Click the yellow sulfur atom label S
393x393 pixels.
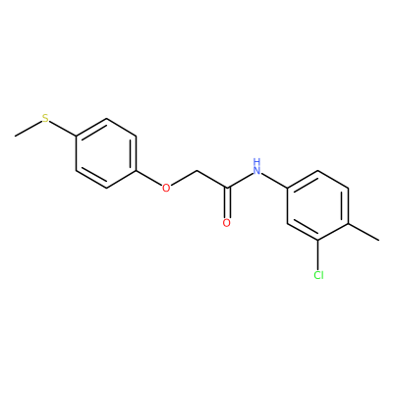[45, 118]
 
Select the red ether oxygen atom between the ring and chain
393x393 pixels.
[166, 188]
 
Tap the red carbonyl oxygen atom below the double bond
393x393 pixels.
[227, 223]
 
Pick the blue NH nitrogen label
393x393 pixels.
[257, 166]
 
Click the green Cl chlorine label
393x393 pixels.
[318, 275]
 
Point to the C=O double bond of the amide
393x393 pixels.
[227, 202]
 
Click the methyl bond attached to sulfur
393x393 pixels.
[28, 129]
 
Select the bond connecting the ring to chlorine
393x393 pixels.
[317, 255]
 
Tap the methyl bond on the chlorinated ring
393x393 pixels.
[364, 232]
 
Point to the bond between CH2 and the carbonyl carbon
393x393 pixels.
[211, 179]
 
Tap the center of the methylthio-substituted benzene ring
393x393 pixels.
[106, 153]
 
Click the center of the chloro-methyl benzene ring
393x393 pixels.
[317, 205]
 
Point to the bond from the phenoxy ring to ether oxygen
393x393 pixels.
[149, 178]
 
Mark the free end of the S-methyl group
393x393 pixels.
[15, 136]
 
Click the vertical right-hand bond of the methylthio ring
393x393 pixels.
[136, 153]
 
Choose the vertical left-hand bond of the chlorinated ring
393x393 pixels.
[288, 205]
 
